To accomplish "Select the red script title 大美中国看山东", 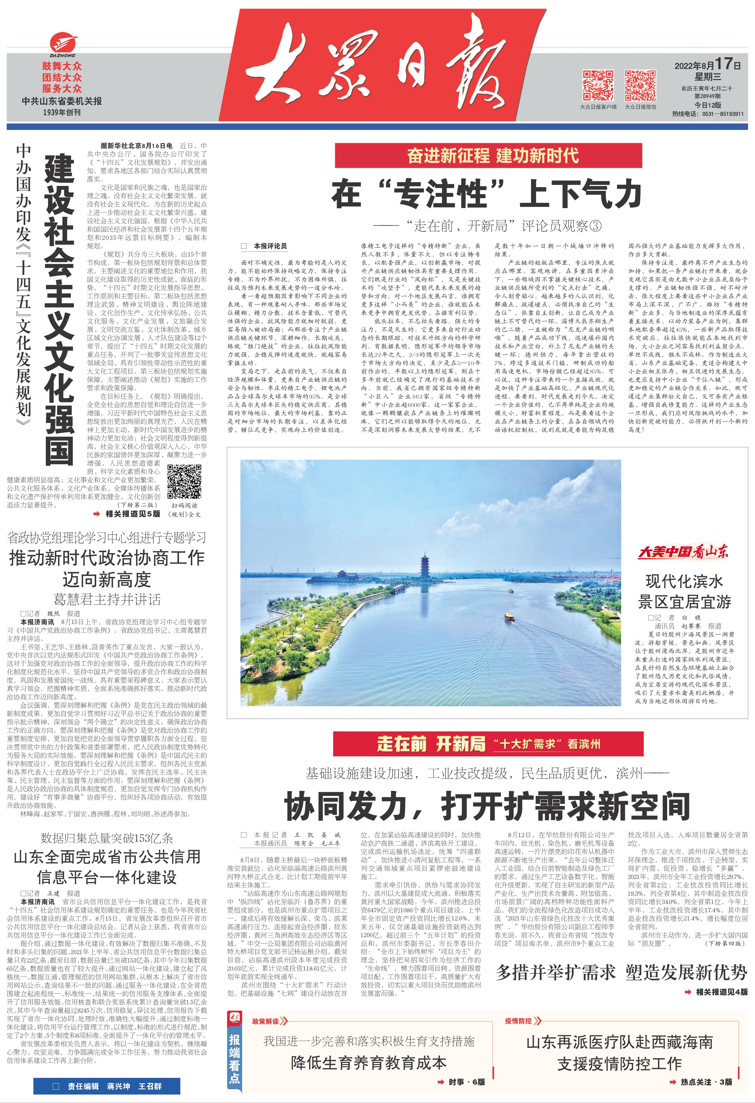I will [x=683, y=551].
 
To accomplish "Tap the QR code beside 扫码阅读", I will [x=184, y=481].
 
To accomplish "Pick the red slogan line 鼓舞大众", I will [x=62, y=66].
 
